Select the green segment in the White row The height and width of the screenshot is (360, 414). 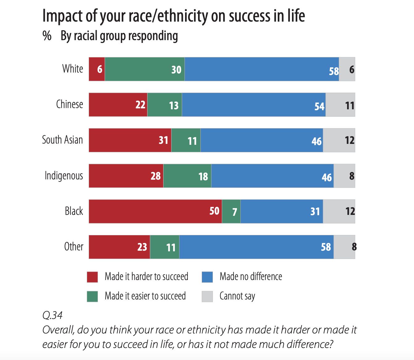[145, 69]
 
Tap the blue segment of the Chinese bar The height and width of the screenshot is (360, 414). [253, 105]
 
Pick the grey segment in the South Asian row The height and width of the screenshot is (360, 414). [339, 140]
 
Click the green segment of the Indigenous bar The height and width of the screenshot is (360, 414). [187, 176]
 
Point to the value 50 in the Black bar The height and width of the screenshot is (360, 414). [214, 211]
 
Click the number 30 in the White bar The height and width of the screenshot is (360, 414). [176, 70]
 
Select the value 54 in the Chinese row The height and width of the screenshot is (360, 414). [319, 107]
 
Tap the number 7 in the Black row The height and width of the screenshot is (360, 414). [234, 212]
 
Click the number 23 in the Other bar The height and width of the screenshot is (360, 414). [142, 247]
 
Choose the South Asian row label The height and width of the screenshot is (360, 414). [62, 140]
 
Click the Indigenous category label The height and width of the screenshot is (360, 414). [64, 176]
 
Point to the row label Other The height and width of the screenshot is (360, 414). [74, 247]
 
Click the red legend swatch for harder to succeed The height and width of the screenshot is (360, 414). [92, 277]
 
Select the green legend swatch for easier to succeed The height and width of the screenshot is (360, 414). [92, 296]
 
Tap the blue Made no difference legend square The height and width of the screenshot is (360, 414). [207, 277]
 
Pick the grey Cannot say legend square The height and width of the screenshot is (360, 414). [207, 296]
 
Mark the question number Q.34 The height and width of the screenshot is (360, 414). [52, 315]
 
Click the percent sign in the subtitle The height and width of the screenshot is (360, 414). [47, 36]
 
